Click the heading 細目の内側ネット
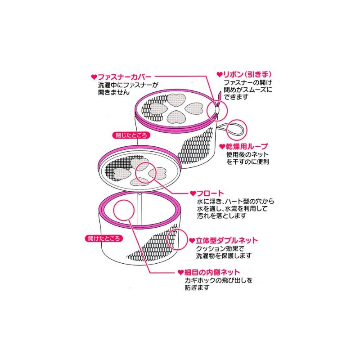[x=211, y=272]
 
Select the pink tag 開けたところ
[x=102, y=237]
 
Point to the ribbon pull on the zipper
[x=219, y=98]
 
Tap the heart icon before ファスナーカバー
[x=94, y=77]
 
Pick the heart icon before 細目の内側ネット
[x=180, y=272]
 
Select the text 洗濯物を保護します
[x=224, y=256]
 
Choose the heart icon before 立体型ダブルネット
[x=192, y=240]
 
